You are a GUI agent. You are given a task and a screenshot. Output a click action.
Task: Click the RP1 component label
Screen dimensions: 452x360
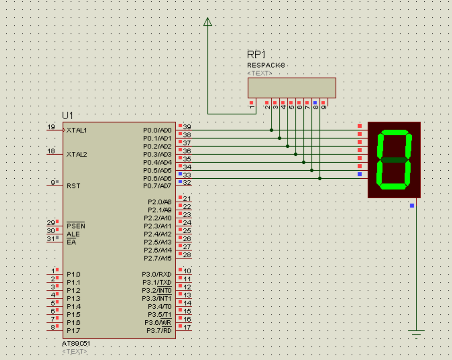pos(256,54)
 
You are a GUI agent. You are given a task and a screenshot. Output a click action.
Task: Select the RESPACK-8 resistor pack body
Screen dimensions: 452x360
pos(292,88)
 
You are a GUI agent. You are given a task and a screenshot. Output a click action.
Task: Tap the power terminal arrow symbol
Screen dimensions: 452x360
pos(207,21)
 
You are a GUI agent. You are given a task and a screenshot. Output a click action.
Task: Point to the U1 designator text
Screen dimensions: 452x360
pos(68,116)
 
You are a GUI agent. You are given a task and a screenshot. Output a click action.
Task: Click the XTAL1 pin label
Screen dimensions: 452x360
pos(77,130)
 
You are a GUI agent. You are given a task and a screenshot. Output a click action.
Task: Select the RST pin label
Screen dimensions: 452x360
pos(73,186)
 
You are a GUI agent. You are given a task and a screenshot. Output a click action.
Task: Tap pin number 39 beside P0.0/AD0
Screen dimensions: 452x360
pos(187,127)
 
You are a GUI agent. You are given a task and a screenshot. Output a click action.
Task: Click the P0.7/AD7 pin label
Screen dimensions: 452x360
pos(157,186)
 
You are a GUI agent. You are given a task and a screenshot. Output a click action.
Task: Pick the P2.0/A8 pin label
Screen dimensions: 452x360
pos(160,202)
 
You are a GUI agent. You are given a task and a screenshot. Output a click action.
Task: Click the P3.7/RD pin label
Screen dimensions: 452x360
pos(159,331)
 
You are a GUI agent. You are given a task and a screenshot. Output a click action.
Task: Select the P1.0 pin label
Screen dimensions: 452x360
pos(73,274)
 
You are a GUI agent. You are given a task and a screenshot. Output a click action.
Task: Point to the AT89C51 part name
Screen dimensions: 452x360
pos(76,343)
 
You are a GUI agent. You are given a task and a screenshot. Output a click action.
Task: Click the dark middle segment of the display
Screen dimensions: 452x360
pos(394,160)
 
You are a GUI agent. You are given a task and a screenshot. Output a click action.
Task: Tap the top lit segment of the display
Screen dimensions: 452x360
pos(395,133)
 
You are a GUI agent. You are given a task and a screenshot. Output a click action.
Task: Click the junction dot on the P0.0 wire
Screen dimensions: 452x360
pos(271,130)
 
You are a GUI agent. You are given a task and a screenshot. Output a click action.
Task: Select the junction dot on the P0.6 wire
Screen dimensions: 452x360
pos(320,179)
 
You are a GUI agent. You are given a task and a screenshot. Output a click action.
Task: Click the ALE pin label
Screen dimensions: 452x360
pos(73,234)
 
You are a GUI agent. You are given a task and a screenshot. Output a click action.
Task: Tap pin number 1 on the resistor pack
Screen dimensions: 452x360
pos(252,107)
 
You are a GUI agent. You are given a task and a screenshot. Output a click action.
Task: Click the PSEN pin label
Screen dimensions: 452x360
pos(76,226)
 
